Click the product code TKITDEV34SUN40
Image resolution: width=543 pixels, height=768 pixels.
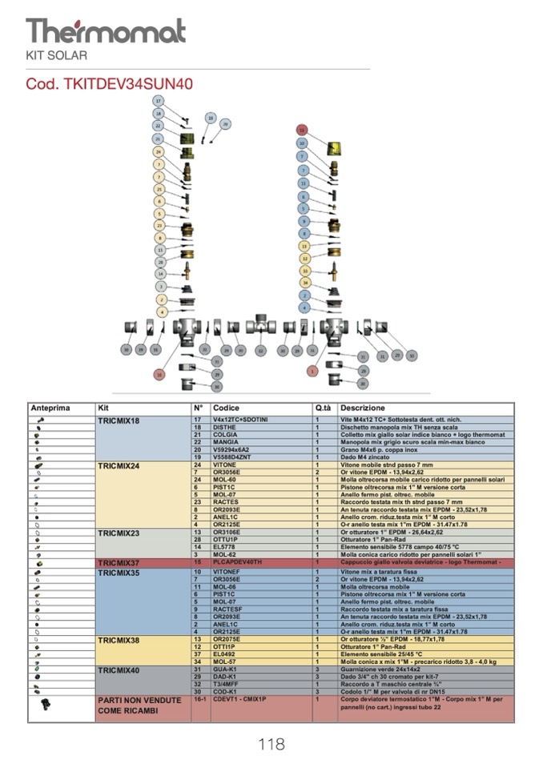[109, 84]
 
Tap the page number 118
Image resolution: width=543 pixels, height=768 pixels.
[271, 744]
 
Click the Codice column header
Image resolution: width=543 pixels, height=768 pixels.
[226, 408]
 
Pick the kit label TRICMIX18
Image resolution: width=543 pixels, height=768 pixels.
[119, 420]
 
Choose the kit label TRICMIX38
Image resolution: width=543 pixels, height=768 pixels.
[119, 641]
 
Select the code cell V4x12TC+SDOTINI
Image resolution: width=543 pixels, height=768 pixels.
[240, 420]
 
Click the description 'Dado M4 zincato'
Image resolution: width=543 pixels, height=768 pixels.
[365, 456]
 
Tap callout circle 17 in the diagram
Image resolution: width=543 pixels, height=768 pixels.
[158, 102]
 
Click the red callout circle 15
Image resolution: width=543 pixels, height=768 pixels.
[302, 130]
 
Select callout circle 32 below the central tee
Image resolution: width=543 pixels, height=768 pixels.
[260, 351]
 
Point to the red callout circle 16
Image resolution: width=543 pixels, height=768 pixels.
[159, 374]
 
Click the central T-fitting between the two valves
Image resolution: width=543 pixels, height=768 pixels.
[261, 326]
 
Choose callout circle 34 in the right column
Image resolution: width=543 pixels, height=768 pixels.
[304, 283]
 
